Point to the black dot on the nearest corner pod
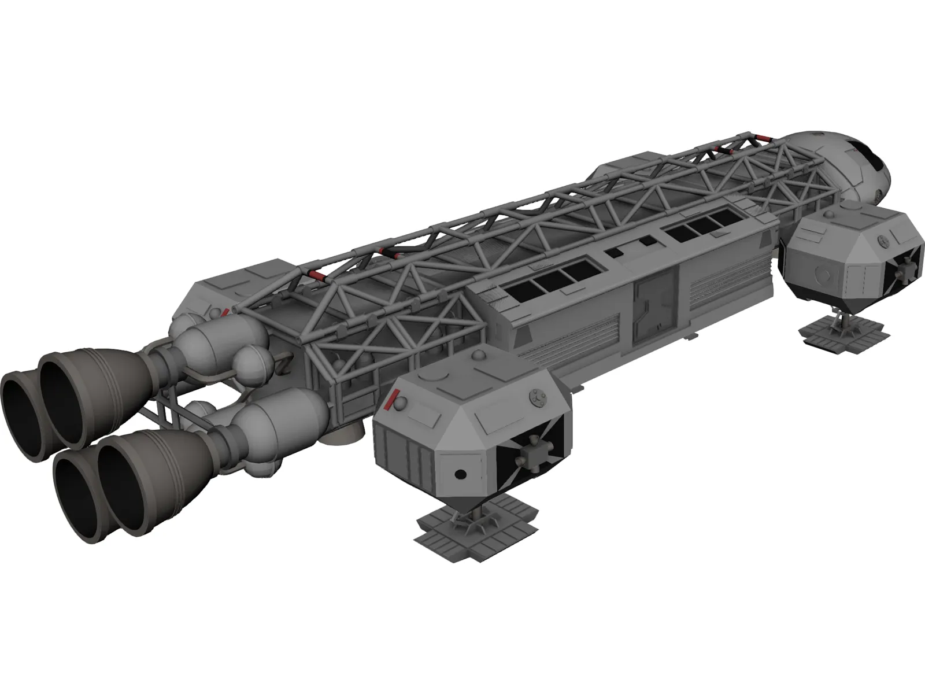pyautogui.click(x=460, y=474)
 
